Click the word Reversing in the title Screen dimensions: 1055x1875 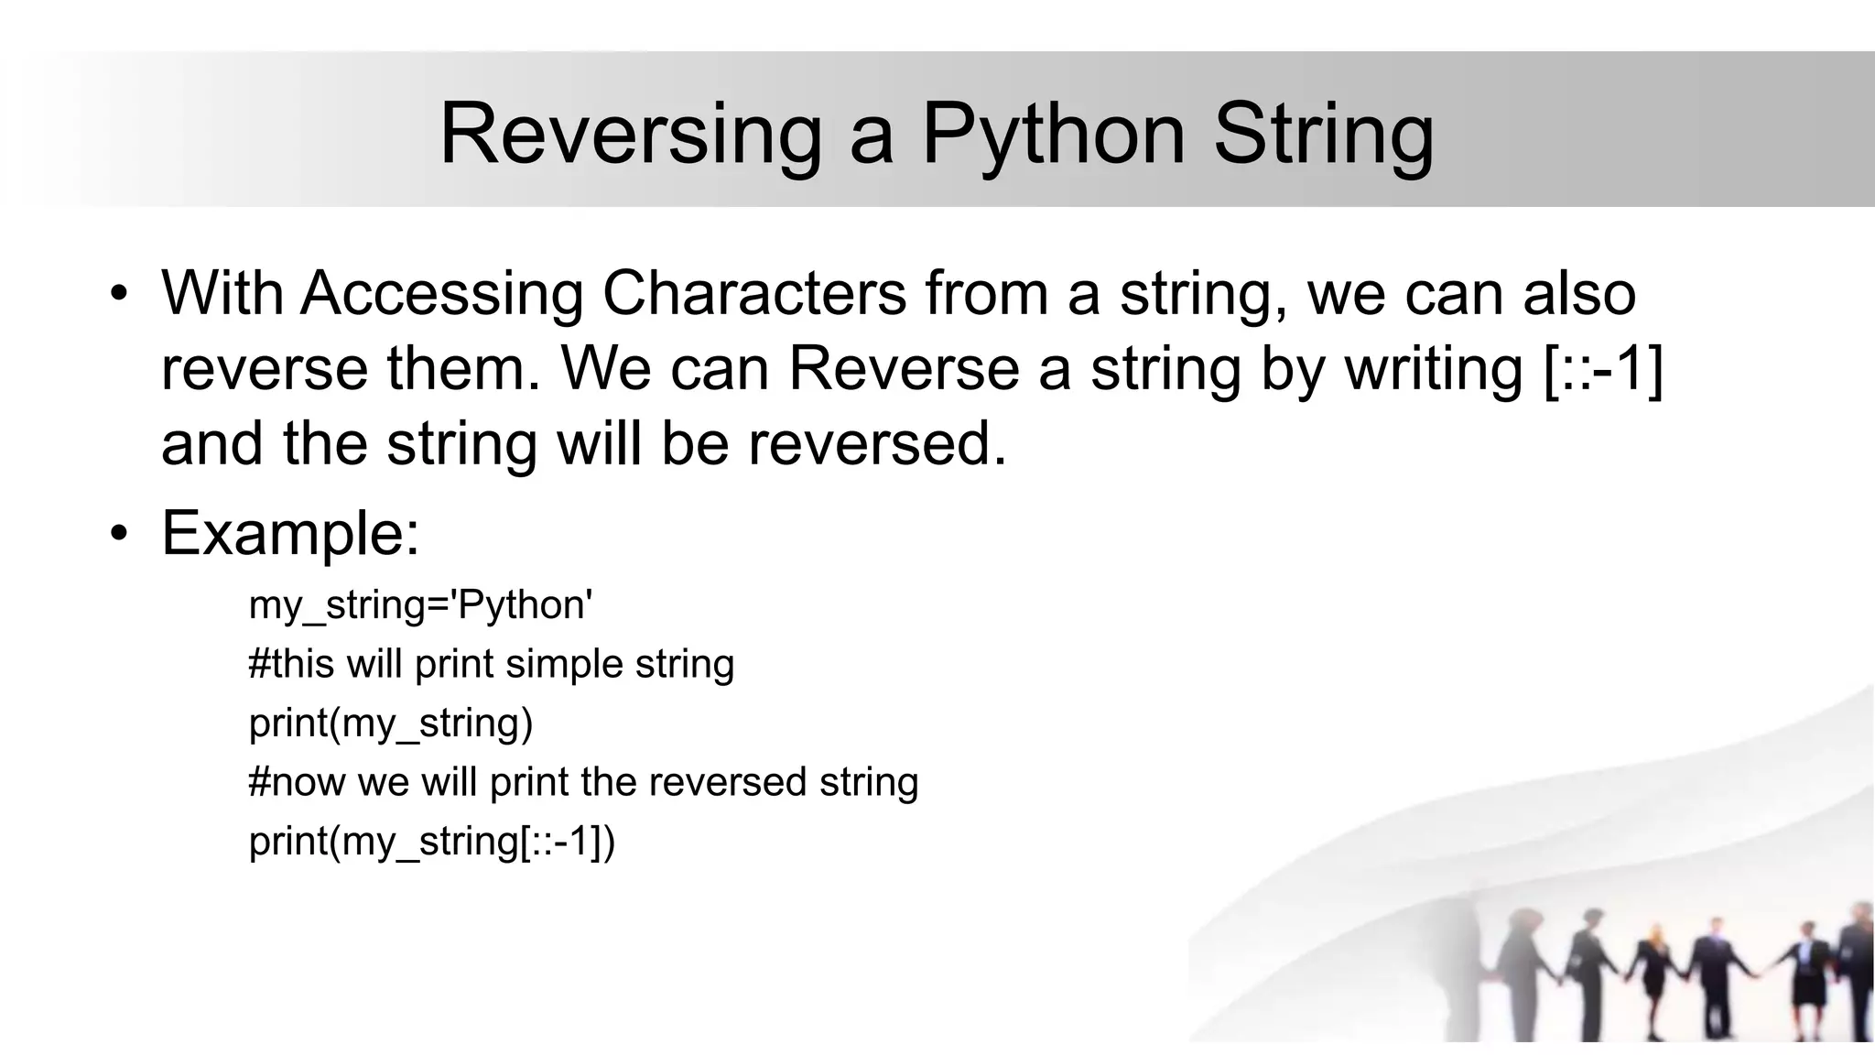630,135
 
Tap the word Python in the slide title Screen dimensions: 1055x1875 1052,135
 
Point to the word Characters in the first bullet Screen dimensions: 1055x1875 753,294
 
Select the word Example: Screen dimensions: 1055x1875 290,533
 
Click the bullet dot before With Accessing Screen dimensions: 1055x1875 118,295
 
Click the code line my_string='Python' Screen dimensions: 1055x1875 420,605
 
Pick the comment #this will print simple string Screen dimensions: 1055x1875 491,664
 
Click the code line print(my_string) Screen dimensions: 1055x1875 391,723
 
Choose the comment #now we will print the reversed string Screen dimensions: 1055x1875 583,782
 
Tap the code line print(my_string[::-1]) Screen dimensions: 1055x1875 432,841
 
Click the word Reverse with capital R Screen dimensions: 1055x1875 904,368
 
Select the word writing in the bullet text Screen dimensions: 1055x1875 1433,368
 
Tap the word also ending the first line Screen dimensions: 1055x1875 1578,294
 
